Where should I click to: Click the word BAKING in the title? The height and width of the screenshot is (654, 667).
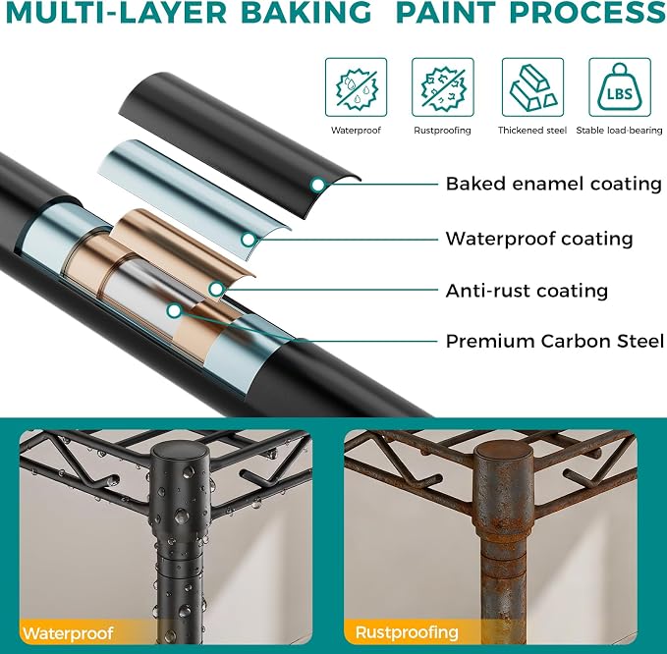306,12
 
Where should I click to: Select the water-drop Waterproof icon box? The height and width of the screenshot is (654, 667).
356,87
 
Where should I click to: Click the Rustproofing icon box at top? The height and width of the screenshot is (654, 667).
443,87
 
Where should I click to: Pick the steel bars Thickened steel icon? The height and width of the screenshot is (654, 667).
533,87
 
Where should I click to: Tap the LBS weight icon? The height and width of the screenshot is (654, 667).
620,87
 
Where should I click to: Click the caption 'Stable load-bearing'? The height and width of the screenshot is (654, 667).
619,131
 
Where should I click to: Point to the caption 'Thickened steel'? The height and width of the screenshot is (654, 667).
532,131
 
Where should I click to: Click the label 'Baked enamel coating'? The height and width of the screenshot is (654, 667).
554,185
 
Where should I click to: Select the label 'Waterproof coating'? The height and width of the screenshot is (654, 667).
539,239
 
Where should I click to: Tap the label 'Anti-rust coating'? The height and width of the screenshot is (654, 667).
528,292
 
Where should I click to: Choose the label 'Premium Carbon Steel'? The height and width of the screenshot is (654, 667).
555,341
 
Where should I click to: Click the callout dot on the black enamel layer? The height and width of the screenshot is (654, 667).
317,185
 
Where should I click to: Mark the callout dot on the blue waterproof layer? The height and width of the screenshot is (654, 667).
249,240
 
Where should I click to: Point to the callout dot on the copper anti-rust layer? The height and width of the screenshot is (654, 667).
216,289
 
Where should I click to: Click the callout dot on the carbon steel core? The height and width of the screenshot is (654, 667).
174,311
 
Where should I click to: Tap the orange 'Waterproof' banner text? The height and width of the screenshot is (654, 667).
69,632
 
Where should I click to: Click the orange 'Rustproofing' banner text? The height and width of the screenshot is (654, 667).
407,632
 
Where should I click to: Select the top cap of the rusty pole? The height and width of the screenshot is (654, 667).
504,459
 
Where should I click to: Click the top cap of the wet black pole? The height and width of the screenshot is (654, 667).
181,459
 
